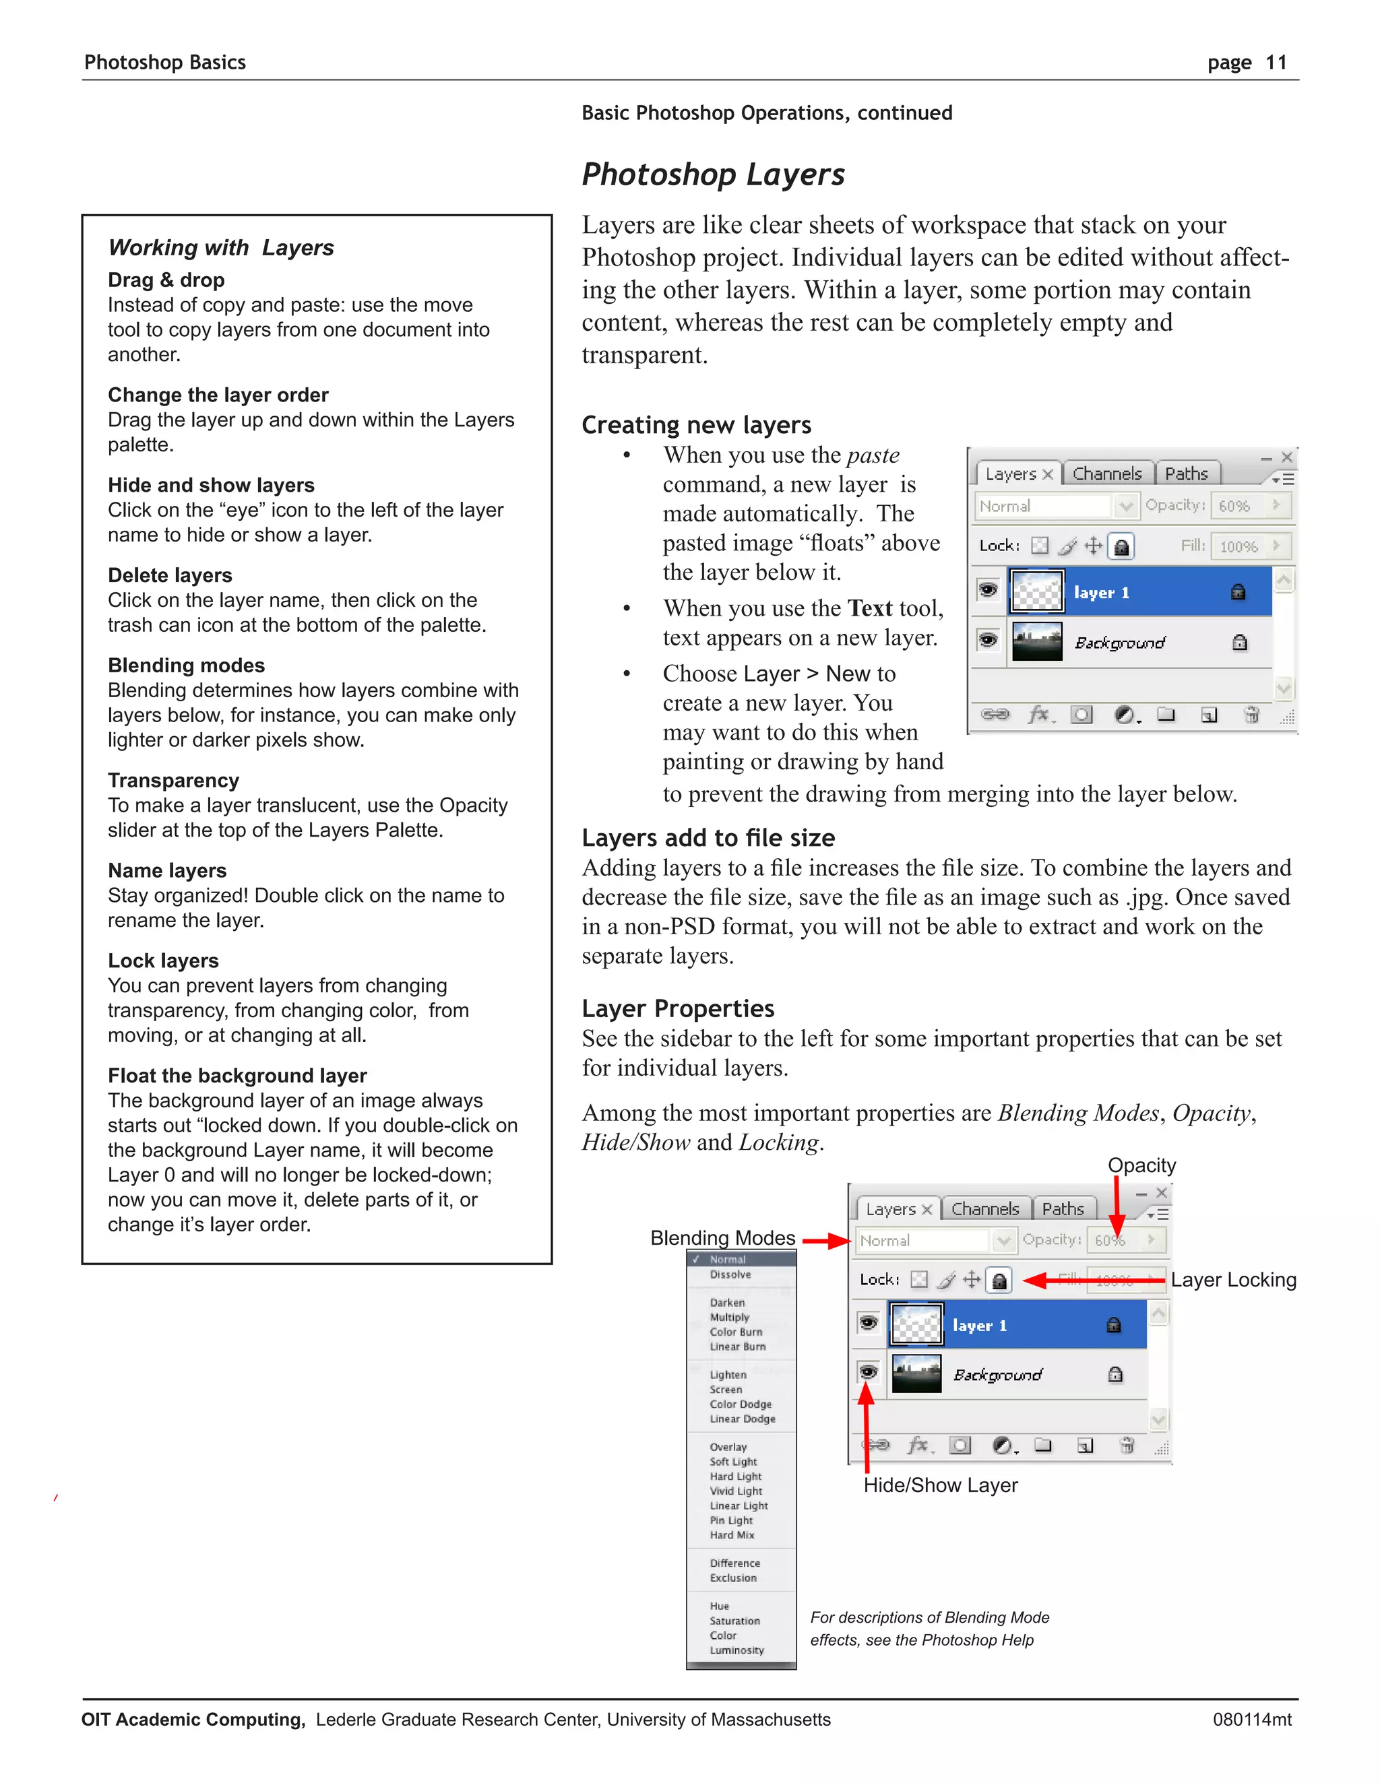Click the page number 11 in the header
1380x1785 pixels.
[1276, 63]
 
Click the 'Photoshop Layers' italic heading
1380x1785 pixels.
[713, 175]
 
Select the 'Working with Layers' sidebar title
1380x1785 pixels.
[221, 248]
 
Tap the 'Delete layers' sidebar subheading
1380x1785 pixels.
[170, 575]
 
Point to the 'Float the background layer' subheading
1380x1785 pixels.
[237, 1076]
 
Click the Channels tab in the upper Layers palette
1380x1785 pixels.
[1107, 474]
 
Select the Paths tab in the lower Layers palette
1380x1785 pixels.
[1063, 1209]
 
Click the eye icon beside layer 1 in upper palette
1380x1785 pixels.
[989, 589]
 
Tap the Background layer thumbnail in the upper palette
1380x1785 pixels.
[1036, 641]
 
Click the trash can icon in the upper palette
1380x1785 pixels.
[1251, 715]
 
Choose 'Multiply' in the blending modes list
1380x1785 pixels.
[729, 1318]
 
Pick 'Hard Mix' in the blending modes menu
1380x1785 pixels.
[732, 1535]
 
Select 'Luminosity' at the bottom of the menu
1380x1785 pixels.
[736, 1650]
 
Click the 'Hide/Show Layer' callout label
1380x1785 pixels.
[940, 1485]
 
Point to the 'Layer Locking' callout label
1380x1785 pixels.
[1233, 1280]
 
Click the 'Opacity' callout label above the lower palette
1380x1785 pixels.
[1141, 1165]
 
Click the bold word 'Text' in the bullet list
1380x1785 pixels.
[870, 608]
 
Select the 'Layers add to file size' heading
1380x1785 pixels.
[708, 838]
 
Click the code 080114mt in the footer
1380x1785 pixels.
[1252, 1720]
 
